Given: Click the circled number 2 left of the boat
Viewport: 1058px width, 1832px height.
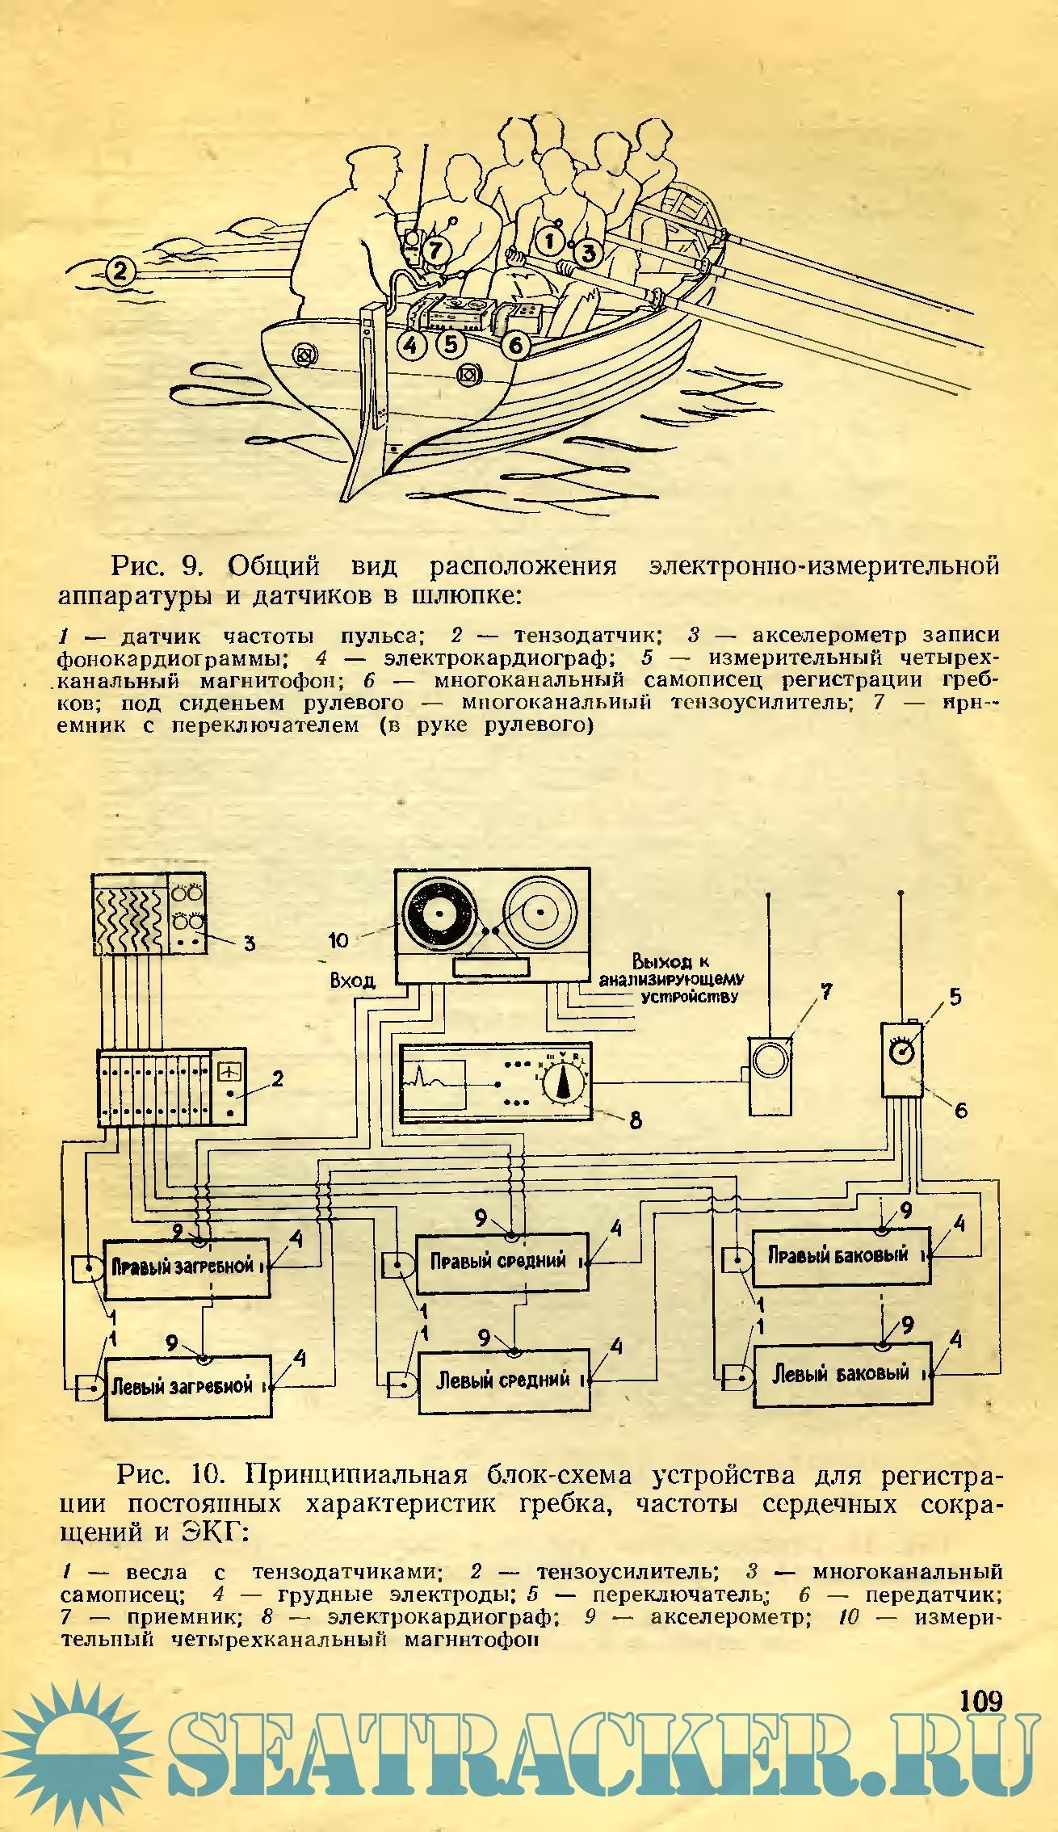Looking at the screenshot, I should point(120,270).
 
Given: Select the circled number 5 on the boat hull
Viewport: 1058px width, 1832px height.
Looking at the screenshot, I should point(450,345).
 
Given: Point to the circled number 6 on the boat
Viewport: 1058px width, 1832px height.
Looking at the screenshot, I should point(514,347).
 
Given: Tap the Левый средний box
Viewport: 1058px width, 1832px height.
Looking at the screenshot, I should point(504,1381).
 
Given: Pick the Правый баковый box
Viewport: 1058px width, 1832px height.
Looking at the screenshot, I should point(840,1256).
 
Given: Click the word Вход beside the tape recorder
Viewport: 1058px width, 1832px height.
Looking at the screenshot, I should point(353,981).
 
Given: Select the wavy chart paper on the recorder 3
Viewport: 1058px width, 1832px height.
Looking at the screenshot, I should point(130,914).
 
